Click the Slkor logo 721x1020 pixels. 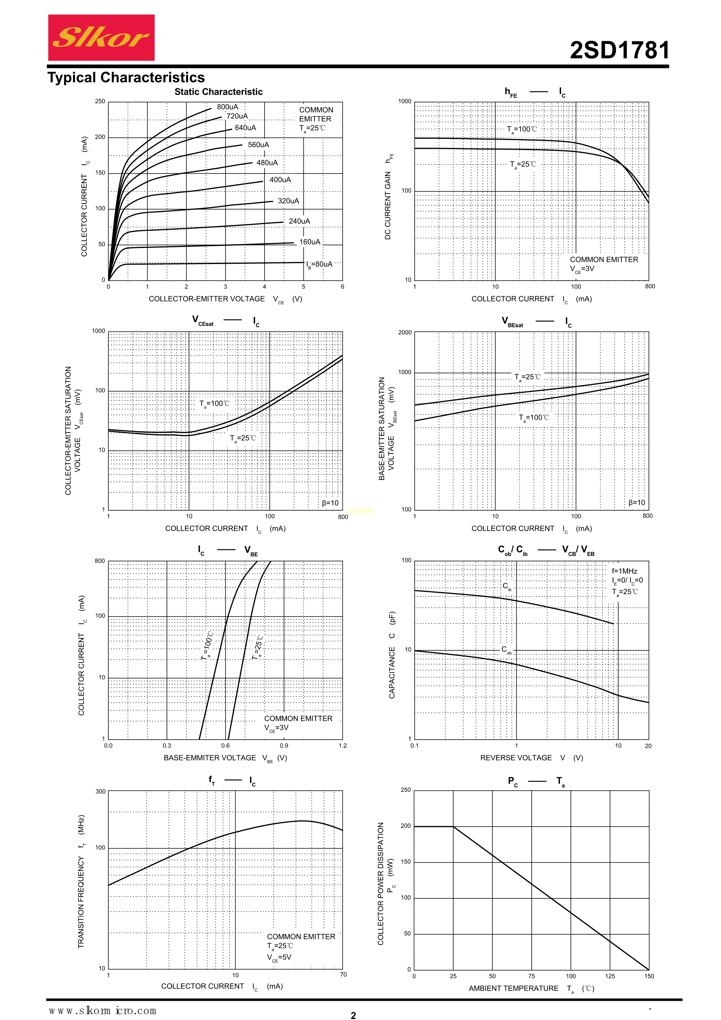[101, 38]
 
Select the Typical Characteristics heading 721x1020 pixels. [126, 78]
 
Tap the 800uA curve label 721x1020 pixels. [227, 107]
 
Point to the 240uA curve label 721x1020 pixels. [299, 221]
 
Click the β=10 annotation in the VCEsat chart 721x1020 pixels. [330, 503]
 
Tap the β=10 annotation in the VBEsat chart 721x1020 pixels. [637, 502]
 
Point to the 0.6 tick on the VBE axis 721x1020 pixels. [226, 746]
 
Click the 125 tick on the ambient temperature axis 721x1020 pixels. [610, 976]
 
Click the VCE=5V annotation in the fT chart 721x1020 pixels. [279, 957]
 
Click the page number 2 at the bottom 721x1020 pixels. [353, 1015]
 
